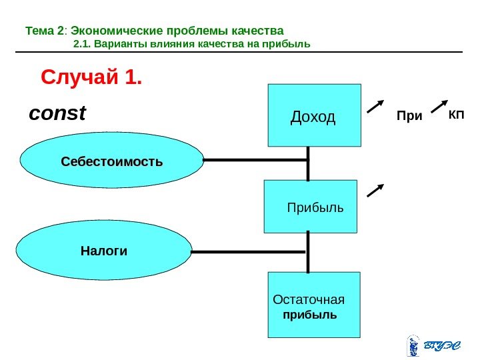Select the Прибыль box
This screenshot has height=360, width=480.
pyautogui.click(x=311, y=207)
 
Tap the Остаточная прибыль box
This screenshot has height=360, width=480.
pyautogui.click(x=313, y=304)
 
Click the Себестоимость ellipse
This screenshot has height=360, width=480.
pyautogui.click(x=111, y=161)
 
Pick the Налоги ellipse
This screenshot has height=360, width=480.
pyautogui.click(x=104, y=251)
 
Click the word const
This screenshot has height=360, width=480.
pyautogui.click(x=57, y=113)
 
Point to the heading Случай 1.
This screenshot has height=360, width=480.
pyautogui.click(x=92, y=79)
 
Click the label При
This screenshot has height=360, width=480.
pyautogui.click(x=409, y=117)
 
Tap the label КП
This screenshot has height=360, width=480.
pyautogui.click(x=456, y=115)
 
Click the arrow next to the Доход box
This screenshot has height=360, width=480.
pyautogui.click(x=376, y=107)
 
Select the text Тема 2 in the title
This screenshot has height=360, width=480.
pyautogui.click(x=45, y=31)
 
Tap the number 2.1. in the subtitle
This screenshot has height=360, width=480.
pyautogui.click(x=81, y=45)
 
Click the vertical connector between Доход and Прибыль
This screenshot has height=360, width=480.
pyautogui.click(x=309, y=164)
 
